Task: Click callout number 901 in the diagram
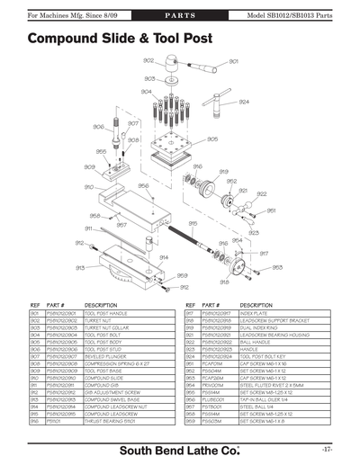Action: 233,62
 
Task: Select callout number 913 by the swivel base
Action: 80,267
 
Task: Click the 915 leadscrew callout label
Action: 193,223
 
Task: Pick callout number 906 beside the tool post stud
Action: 99,127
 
